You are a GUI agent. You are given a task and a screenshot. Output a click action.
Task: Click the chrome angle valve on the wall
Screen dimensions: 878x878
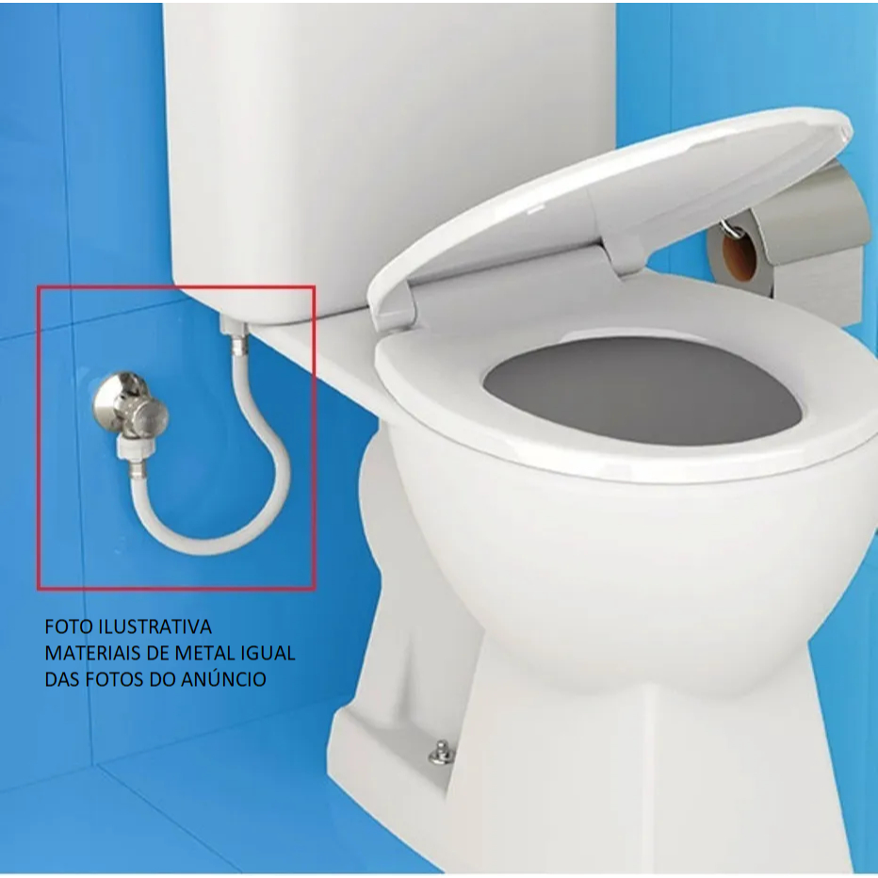coord(130,404)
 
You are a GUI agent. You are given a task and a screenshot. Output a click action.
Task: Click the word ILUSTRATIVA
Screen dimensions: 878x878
coord(155,626)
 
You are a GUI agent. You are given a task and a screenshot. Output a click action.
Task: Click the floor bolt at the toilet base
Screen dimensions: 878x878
coord(442,753)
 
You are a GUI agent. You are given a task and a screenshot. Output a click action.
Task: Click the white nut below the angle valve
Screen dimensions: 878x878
coord(130,447)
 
